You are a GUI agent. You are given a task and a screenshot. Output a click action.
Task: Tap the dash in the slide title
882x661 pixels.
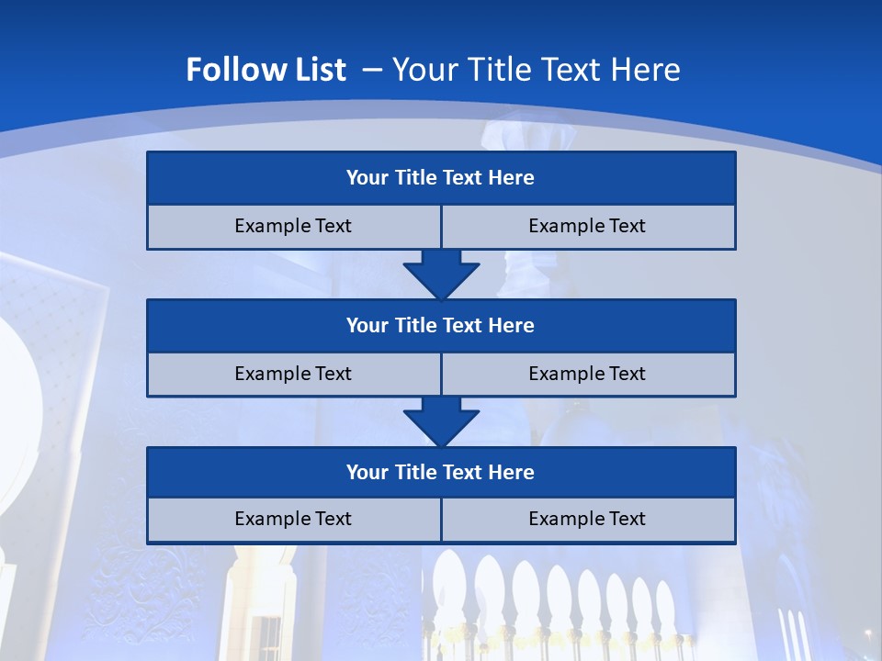point(372,70)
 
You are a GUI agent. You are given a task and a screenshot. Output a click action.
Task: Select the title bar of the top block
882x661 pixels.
point(441,178)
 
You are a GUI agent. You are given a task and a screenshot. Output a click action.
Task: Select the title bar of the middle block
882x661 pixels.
point(441,326)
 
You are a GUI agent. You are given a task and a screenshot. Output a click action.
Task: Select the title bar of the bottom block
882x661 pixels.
point(441,473)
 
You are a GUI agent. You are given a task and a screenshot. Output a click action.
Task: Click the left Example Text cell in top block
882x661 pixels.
point(294,227)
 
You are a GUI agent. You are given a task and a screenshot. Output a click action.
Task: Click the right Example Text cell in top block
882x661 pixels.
point(588,227)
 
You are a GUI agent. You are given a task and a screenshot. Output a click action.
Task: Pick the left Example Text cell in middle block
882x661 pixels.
point(294,375)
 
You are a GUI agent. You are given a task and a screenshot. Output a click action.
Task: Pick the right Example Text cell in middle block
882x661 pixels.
point(588,375)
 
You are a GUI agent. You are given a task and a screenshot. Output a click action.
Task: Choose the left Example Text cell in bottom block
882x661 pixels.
point(294,520)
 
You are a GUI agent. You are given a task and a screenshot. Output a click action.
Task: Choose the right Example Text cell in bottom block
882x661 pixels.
point(588,520)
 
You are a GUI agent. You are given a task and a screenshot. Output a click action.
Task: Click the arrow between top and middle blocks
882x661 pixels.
point(441,275)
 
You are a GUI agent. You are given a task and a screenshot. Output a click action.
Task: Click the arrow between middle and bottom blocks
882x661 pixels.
point(441,422)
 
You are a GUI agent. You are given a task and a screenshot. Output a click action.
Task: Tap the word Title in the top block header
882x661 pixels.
point(416,178)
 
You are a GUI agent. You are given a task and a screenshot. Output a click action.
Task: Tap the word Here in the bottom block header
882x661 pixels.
point(512,473)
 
